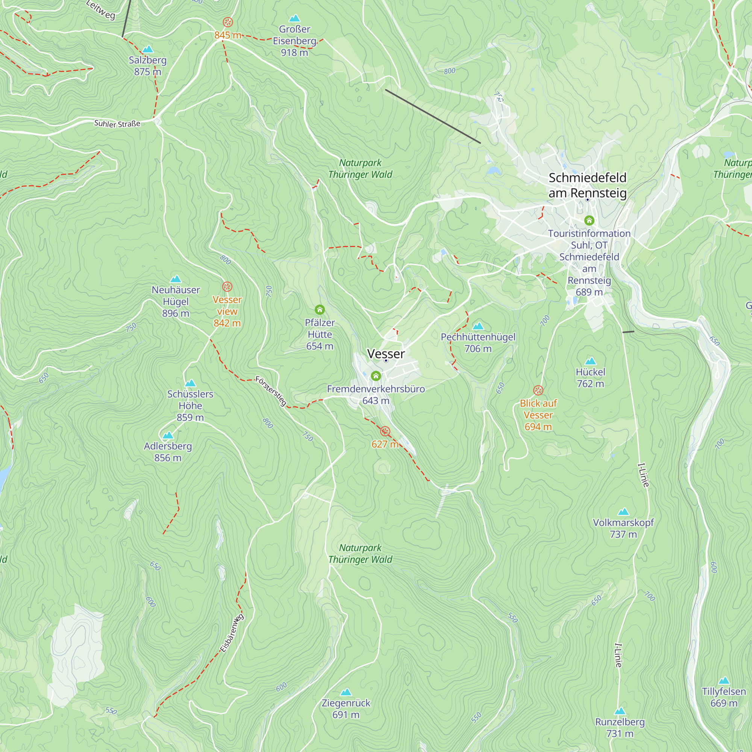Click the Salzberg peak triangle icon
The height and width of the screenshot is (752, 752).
[147, 49]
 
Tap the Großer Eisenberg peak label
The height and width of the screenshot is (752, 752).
[294, 41]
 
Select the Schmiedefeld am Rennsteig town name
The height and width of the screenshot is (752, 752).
[587, 185]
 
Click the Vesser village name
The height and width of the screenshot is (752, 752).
[386, 354]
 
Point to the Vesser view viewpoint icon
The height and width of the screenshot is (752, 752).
[227, 287]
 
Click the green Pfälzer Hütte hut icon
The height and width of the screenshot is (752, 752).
[320, 310]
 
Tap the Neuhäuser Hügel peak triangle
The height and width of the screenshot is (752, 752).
[176, 279]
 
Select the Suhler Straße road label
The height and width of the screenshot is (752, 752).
[117, 124]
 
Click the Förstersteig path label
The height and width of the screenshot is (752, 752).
[271, 391]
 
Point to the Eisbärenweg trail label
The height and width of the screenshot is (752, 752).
[232, 633]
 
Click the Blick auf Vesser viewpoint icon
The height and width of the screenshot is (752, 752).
[538, 390]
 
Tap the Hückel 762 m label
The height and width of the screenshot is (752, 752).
[590, 378]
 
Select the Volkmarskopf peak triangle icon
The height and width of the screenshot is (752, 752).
[623, 512]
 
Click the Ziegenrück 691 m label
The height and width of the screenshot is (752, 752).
[346, 709]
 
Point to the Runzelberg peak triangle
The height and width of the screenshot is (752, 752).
[620, 711]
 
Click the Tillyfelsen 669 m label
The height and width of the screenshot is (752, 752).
[724, 697]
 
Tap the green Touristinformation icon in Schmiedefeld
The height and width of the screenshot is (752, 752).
[589, 221]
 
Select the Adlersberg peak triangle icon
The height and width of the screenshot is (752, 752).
[168, 435]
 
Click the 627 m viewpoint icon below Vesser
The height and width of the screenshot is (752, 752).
[385, 431]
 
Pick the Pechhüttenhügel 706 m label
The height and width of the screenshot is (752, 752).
[478, 343]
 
